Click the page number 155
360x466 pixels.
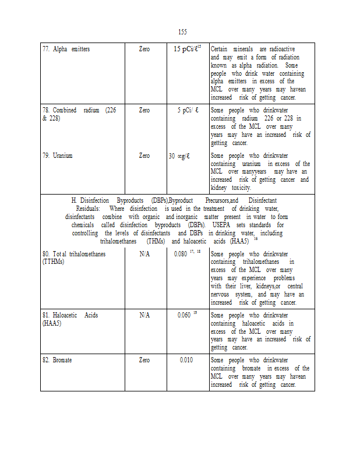182,31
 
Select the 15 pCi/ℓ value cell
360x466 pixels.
187,49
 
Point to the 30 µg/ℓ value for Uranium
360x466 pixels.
188,156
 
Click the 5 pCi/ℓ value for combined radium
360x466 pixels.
188,110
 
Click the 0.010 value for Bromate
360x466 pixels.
186,360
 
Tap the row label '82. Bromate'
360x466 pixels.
57,360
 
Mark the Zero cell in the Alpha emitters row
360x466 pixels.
144,49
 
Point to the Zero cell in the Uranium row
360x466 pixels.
144,156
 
